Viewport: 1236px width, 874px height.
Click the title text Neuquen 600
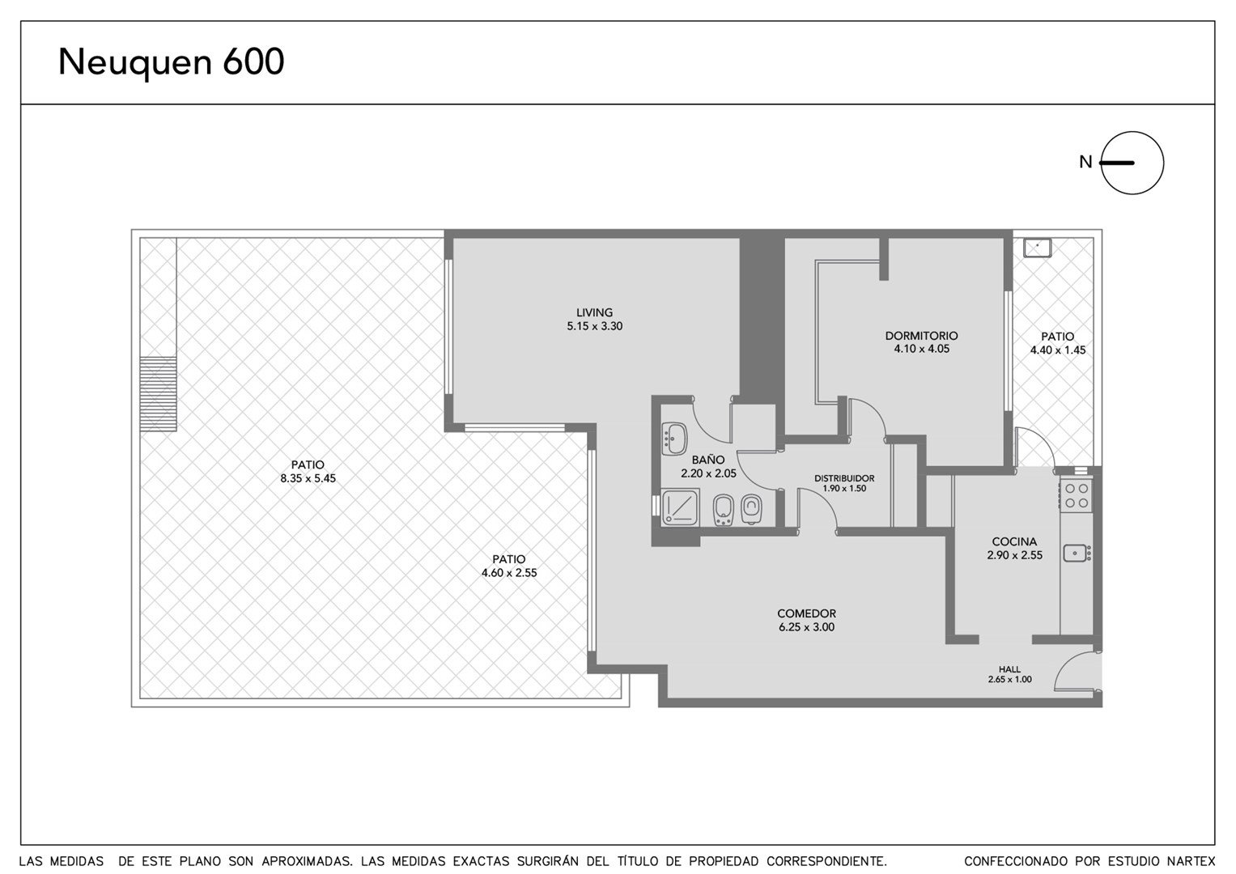click(x=171, y=62)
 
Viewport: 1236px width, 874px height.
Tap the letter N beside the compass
click(x=1085, y=162)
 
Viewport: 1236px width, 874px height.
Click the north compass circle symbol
click(x=1132, y=163)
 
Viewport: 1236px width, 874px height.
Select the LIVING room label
click(x=594, y=312)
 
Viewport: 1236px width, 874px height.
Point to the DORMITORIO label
click(x=921, y=336)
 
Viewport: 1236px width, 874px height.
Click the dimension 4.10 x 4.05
click(x=921, y=349)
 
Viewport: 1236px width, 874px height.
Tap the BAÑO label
click(x=708, y=459)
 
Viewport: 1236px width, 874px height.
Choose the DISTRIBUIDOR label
click(x=844, y=478)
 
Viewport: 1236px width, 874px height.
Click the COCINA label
click(x=1014, y=542)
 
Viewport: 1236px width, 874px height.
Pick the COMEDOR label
click(x=806, y=613)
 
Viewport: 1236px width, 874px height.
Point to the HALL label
click(x=1009, y=669)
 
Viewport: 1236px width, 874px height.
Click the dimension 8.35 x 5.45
click(x=308, y=478)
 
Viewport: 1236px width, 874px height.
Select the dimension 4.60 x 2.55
click(x=509, y=573)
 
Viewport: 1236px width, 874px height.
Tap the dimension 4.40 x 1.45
click(x=1058, y=350)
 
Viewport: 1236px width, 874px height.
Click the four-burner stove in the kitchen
click(x=1076, y=495)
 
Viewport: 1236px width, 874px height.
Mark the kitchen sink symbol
click(x=1077, y=552)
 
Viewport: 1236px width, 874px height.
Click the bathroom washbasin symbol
click(x=673, y=439)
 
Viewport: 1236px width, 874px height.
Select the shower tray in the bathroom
click(x=680, y=506)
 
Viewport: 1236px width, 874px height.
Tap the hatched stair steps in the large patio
click(x=159, y=393)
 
